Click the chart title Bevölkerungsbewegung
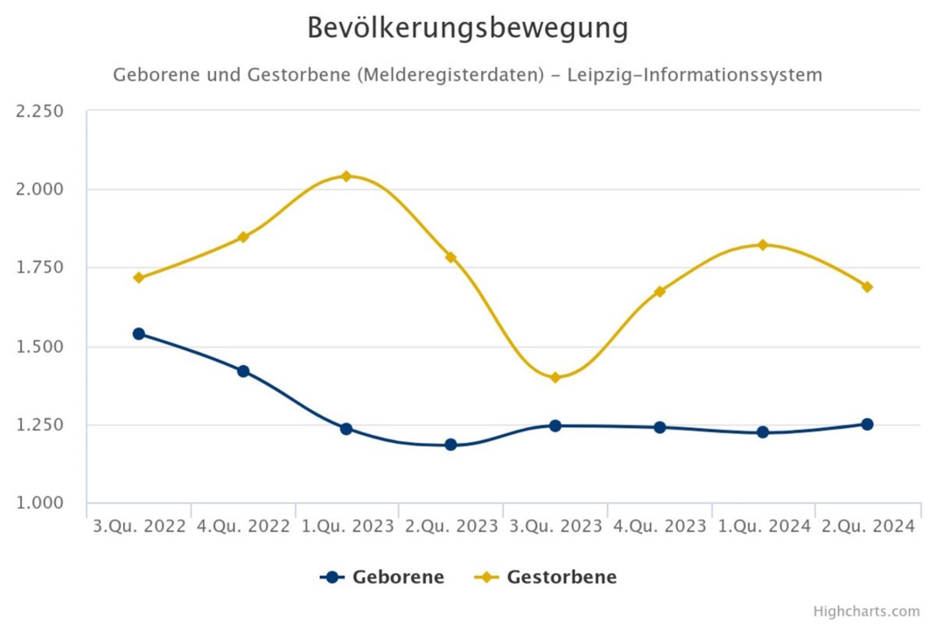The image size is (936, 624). click(467, 28)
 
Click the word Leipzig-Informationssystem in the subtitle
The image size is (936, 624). click(695, 75)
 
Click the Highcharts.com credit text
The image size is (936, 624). click(866, 611)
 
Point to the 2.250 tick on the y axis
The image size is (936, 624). click(39, 111)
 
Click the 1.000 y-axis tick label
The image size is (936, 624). click(39, 503)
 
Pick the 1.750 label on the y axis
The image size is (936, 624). click(39, 268)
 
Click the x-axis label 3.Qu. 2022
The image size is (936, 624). click(139, 527)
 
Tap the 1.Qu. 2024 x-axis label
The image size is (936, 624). click(764, 527)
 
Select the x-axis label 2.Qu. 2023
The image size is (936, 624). click(451, 527)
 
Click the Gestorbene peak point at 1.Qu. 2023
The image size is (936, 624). click(346, 176)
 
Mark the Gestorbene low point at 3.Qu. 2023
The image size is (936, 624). click(555, 378)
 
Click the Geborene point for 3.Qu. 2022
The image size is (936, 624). click(138, 333)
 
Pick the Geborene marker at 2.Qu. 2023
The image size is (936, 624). click(451, 445)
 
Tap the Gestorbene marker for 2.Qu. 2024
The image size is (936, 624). click(867, 287)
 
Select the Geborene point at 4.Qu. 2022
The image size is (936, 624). click(243, 371)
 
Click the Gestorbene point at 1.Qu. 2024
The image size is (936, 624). click(763, 245)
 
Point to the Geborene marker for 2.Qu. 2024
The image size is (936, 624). click(867, 424)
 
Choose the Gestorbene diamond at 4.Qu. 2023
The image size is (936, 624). click(660, 291)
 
